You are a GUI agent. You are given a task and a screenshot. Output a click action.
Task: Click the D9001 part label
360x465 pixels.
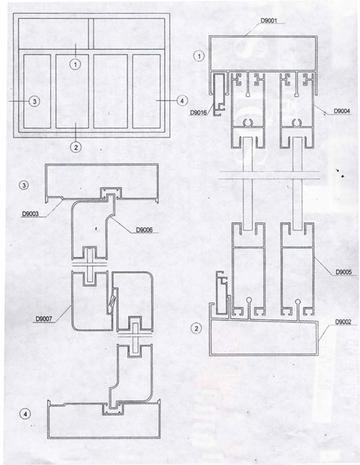pyautogui.click(x=269, y=20)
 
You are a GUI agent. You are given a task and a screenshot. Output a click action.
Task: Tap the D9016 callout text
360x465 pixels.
pyautogui.click(x=198, y=112)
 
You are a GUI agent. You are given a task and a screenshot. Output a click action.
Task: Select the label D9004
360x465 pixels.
pyautogui.click(x=342, y=111)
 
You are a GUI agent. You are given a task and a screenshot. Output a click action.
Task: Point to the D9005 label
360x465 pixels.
pyautogui.click(x=343, y=272)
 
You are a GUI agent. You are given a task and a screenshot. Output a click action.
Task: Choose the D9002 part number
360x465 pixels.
pyautogui.click(x=343, y=322)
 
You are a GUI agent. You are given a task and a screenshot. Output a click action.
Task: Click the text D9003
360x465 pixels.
pyautogui.click(x=30, y=214)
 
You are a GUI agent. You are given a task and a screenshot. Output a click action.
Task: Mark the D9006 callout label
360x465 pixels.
pyautogui.click(x=144, y=230)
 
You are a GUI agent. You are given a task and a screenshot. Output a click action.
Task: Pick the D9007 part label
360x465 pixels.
pyautogui.click(x=44, y=319)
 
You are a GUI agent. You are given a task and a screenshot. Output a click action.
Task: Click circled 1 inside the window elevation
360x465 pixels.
pyautogui.click(x=76, y=64)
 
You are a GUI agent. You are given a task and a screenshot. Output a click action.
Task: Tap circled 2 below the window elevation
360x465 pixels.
pyautogui.click(x=76, y=146)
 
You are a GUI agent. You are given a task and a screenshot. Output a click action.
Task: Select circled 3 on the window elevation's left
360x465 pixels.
pyautogui.click(x=35, y=101)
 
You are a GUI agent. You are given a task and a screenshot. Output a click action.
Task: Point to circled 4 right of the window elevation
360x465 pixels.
pyautogui.click(x=181, y=101)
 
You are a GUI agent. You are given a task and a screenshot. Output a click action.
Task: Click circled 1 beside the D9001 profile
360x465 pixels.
pyautogui.click(x=199, y=55)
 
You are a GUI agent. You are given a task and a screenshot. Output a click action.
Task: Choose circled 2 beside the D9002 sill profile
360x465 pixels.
pyautogui.click(x=197, y=328)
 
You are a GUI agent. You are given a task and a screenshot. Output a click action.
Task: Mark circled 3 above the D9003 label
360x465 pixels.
pyautogui.click(x=24, y=185)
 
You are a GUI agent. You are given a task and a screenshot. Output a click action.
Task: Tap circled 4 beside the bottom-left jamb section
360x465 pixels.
pyautogui.click(x=25, y=414)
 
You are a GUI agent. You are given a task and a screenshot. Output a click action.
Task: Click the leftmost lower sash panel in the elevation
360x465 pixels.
pyautogui.click(x=37, y=91)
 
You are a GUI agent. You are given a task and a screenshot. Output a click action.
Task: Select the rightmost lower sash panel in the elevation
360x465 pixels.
pyautogui.click(x=146, y=91)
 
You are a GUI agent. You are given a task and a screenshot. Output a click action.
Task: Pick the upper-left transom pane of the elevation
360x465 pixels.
pyautogui.click(x=53, y=34)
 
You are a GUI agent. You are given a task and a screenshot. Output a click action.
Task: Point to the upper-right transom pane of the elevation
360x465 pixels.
pyautogui.click(x=129, y=34)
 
